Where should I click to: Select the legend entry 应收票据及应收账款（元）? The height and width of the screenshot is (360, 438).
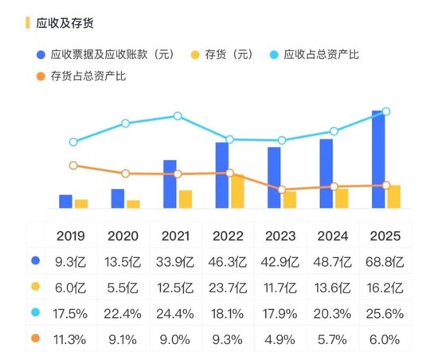(x=111, y=56)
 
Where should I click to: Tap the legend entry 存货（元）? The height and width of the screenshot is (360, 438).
(x=231, y=56)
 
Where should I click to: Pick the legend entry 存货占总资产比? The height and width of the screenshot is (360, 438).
(x=88, y=76)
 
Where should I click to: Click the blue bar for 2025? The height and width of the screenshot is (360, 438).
(x=377, y=159)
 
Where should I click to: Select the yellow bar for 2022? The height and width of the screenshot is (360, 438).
(x=237, y=191)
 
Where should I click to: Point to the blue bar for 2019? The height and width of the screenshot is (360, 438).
(x=65, y=202)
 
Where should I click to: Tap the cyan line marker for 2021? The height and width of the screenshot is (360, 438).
(x=178, y=116)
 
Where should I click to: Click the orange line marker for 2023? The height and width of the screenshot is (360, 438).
(x=282, y=190)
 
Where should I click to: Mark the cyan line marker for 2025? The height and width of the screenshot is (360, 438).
(x=385, y=112)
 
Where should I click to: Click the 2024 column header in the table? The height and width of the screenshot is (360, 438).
(x=334, y=236)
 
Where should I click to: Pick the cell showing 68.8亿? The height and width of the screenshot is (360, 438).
(x=386, y=260)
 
